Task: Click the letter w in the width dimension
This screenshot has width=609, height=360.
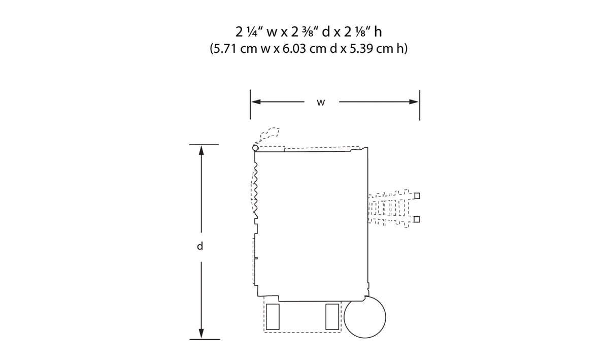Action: [321, 103]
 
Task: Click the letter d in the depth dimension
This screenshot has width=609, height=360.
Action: [200, 246]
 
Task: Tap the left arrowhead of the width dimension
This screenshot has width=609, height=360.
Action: [256, 102]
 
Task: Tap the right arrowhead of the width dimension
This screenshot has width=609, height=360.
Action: [414, 102]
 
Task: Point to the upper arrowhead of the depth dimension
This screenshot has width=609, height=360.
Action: [201, 150]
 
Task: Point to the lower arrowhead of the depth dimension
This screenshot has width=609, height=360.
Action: [201, 333]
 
